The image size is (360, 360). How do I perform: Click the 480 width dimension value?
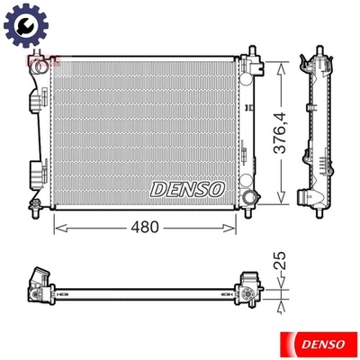(146, 227)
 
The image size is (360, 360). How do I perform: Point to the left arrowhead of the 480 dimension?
(59, 227)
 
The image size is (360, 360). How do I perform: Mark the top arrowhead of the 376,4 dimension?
(282, 66)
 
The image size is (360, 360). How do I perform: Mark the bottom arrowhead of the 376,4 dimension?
(282, 201)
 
